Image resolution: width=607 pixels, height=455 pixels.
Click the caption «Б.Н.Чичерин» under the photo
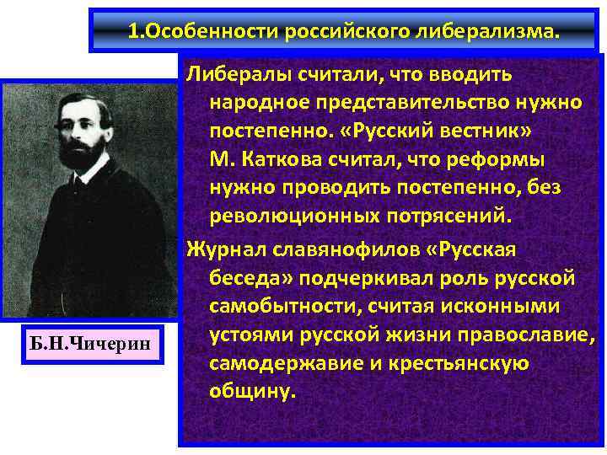point(92,343)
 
